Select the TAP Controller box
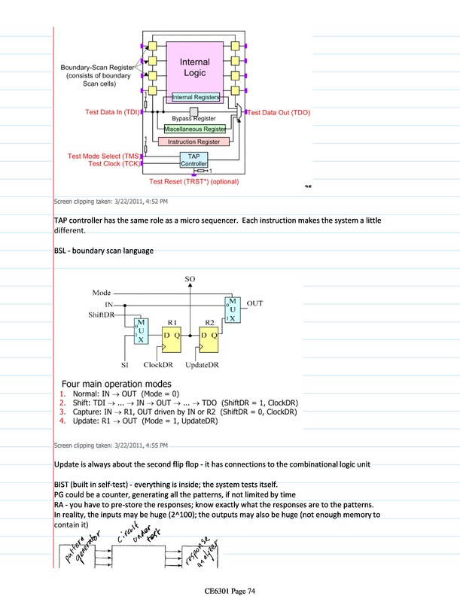193,160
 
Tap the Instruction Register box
193,141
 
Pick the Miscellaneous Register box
195,129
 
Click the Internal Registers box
196,97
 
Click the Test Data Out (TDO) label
279,112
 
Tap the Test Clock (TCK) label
114,163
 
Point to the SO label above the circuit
190,279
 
